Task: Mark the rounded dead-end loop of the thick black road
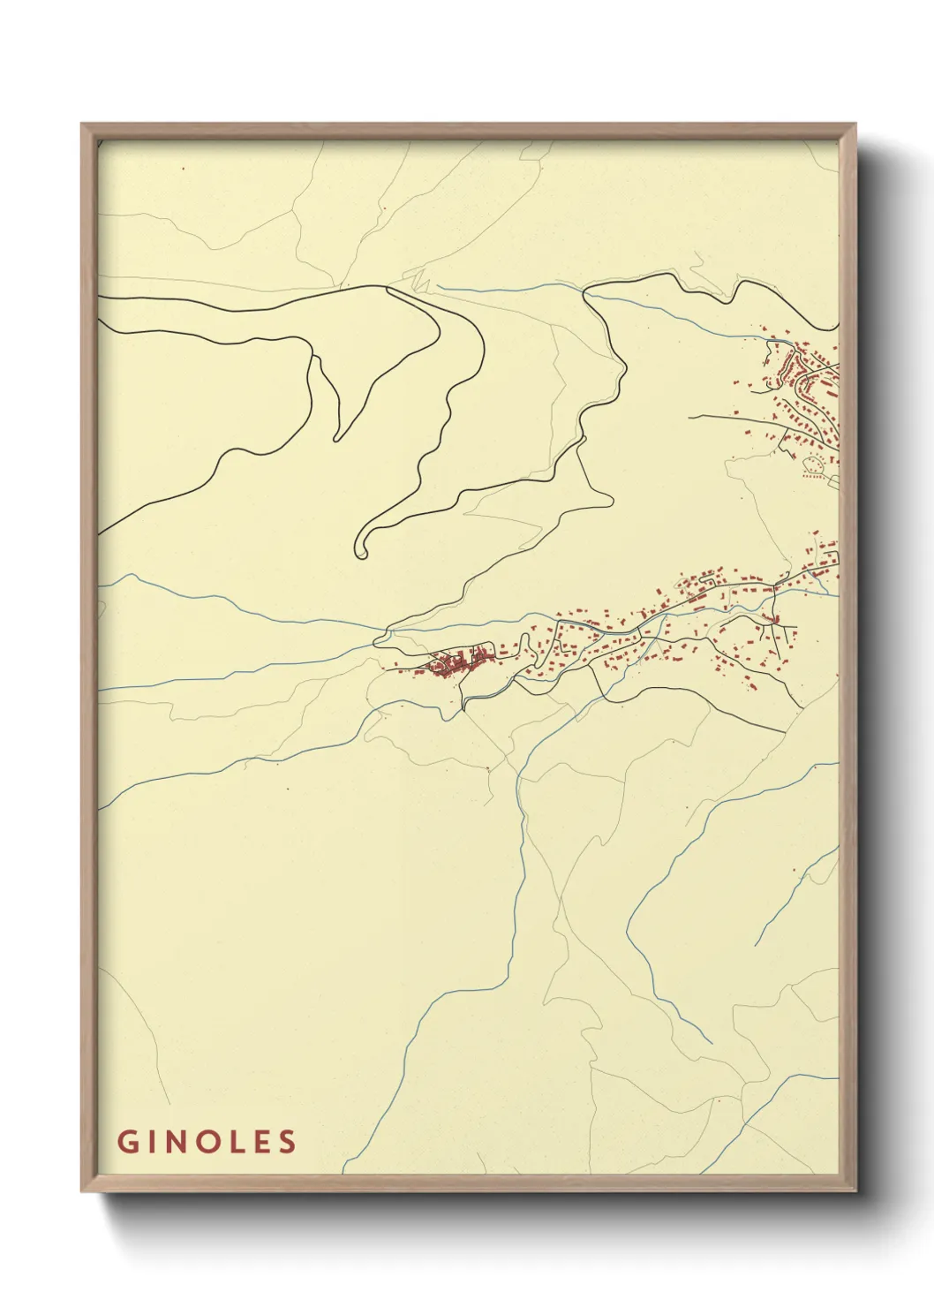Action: [360, 547]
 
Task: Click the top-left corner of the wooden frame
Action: [82, 124]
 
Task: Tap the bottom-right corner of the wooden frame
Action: [856, 1191]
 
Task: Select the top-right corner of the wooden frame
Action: [856, 124]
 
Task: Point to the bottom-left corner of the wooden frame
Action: [82, 1191]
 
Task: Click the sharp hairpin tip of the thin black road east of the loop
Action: [611, 500]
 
